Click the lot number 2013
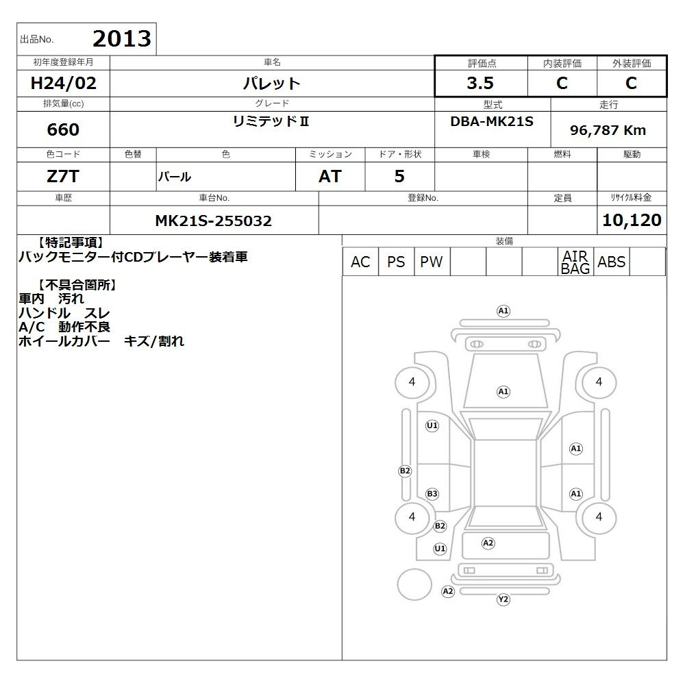122,39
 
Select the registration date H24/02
63,83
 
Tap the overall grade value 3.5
480,83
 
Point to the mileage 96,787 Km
608,130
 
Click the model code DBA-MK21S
492,121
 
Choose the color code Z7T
63,177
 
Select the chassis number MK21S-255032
214,221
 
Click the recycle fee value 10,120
632,220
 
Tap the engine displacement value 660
63,129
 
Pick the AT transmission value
330,177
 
